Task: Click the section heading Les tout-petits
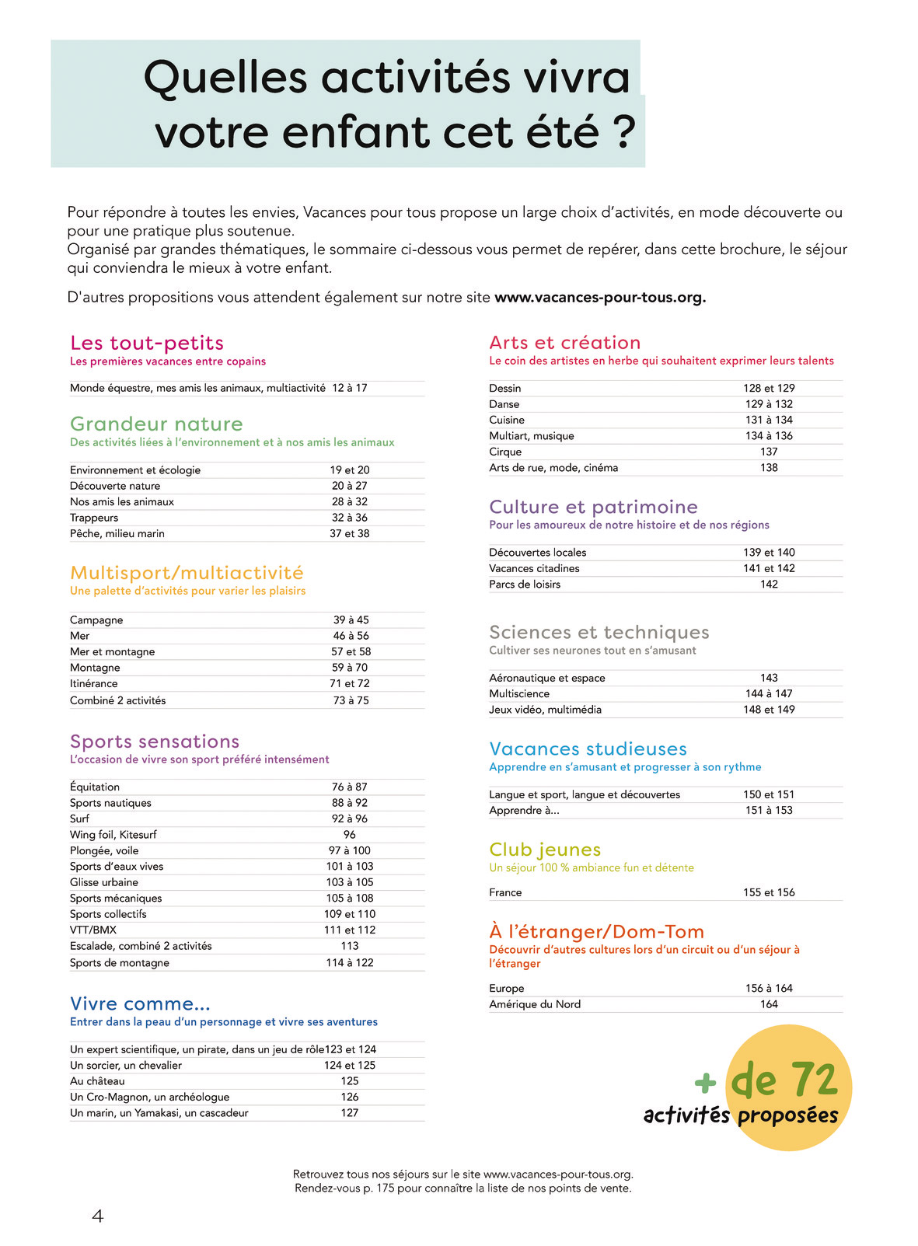click(x=147, y=343)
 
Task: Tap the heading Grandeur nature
click(x=156, y=424)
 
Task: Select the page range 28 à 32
click(x=350, y=501)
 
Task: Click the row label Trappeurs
click(x=94, y=518)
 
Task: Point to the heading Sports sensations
click(x=155, y=742)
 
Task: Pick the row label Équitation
click(x=95, y=787)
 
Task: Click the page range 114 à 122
click(x=350, y=962)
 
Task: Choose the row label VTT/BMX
click(x=93, y=930)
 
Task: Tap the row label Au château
click(x=97, y=1081)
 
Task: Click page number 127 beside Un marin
click(x=350, y=1113)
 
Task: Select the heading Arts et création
click(x=565, y=343)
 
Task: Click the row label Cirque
click(x=505, y=452)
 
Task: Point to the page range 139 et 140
click(x=769, y=553)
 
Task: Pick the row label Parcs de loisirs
click(x=525, y=585)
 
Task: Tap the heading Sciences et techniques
click(x=599, y=632)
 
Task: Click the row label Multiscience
click(x=519, y=693)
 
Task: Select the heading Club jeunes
click(x=545, y=850)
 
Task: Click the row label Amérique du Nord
click(x=535, y=1004)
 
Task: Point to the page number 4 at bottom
click(x=98, y=1216)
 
